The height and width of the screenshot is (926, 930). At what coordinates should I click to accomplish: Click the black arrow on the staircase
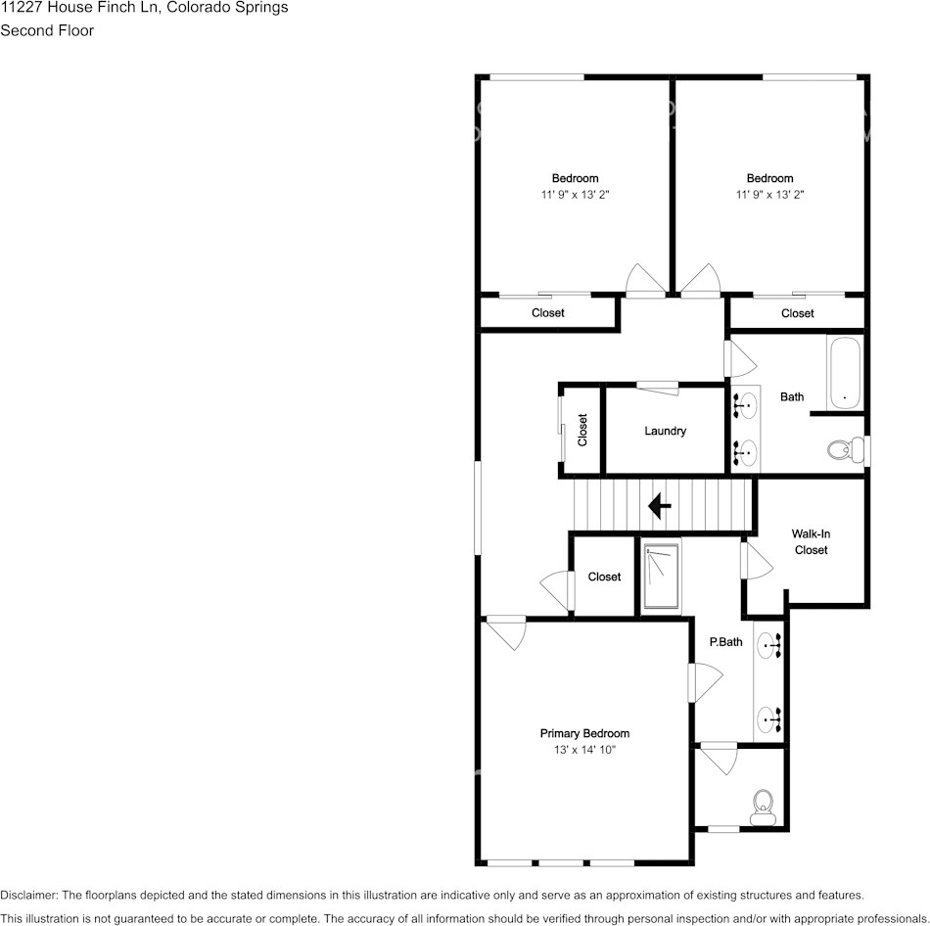[659, 506]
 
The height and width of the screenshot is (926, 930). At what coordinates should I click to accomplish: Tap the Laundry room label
[665, 431]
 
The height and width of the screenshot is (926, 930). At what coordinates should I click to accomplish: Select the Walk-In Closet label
[811, 541]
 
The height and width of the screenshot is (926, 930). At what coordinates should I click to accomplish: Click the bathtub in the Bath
[844, 373]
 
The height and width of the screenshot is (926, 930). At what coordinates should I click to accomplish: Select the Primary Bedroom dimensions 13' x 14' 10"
[584, 750]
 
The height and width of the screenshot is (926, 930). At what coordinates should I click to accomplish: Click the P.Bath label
[726, 642]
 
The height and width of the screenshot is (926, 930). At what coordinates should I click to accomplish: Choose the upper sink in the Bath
[747, 401]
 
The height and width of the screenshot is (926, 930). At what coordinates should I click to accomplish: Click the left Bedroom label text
[575, 178]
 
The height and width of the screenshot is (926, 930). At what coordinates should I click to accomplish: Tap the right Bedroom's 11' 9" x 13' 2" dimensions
[769, 195]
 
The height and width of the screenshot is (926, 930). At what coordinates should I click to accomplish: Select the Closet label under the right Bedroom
[797, 313]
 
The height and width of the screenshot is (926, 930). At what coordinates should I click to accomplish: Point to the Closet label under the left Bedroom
[547, 313]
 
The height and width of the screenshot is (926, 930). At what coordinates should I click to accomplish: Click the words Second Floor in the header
[47, 30]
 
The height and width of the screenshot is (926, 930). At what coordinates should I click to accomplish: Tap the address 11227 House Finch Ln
[73, 8]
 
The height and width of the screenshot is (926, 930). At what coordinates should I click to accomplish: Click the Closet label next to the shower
[604, 577]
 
